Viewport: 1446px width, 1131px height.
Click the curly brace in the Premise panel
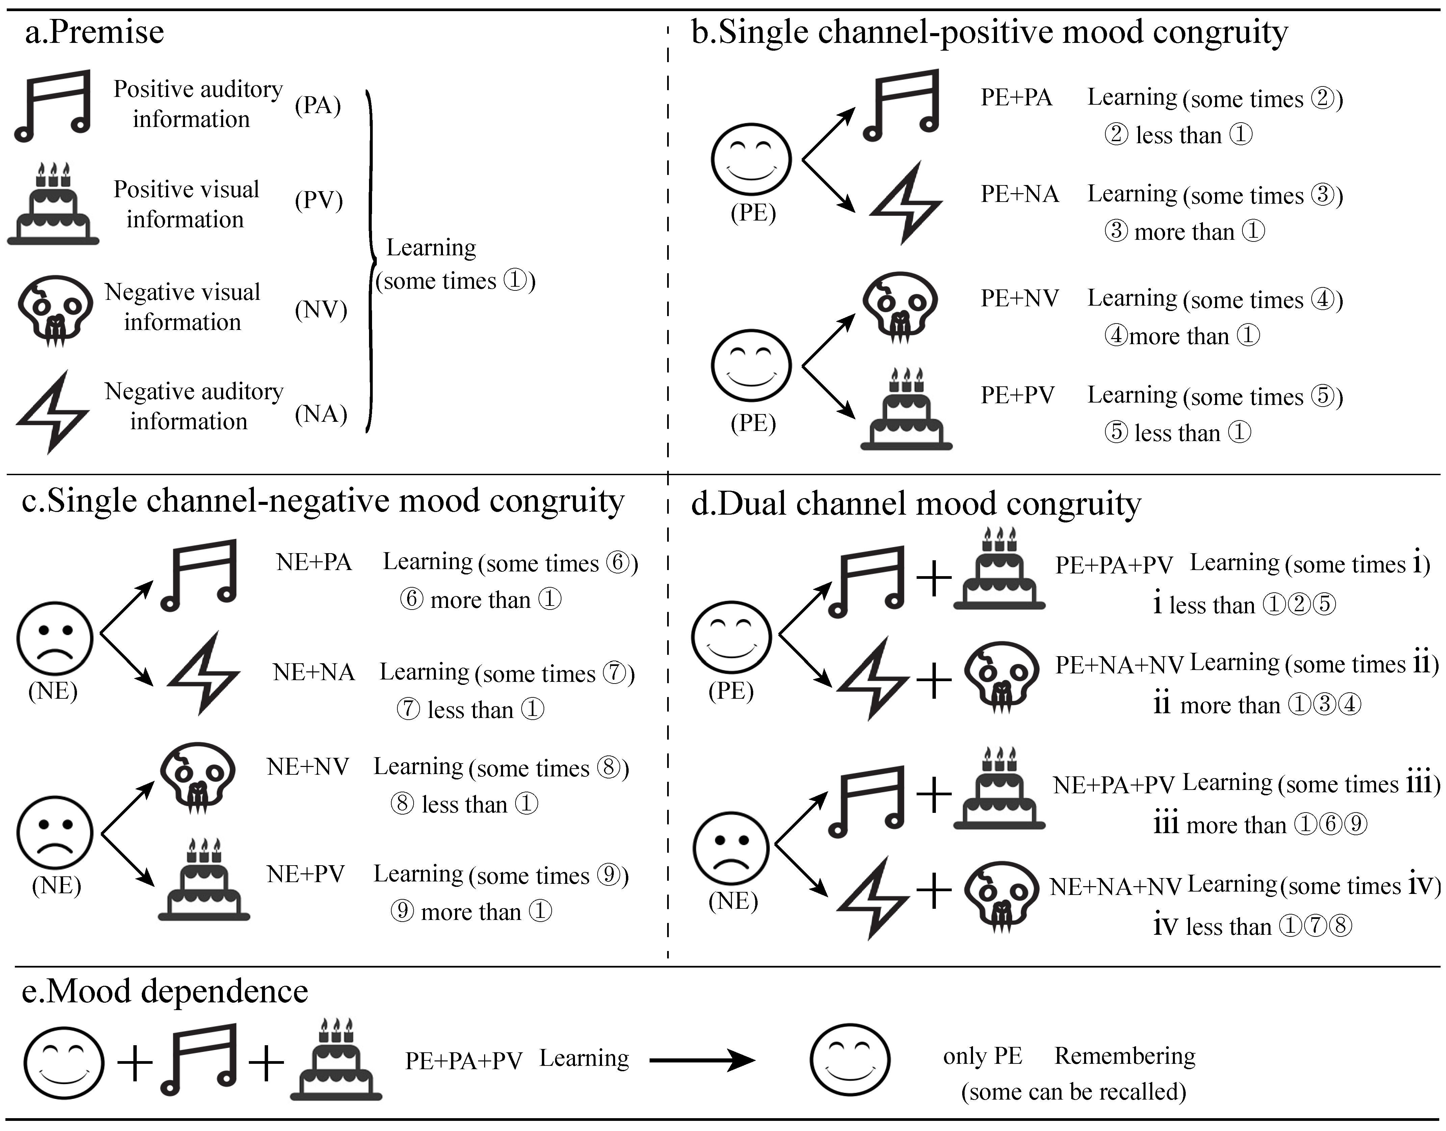(x=371, y=262)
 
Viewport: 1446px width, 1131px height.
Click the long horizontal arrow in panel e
(x=702, y=1060)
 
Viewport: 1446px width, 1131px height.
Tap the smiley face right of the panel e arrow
(x=850, y=1060)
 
